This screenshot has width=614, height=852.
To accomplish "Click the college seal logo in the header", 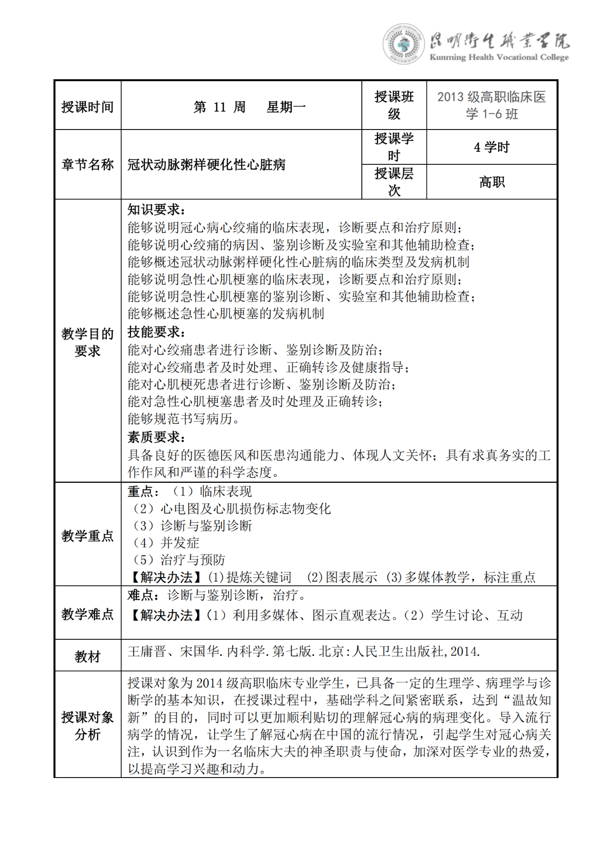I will pyautogui.click(x=403, y=44).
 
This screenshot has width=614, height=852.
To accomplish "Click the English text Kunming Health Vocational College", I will pyautogui.click(x=499, y=58).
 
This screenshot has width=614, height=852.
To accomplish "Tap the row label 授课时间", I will pyautogui.click(x=87, y=107).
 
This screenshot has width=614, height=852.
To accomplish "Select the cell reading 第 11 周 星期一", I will pyautogui.click(x=249, y=107).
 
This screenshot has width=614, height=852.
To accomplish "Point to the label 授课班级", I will pyautogui.click(x=394, y=105).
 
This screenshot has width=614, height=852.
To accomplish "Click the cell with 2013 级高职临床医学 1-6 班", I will pyautogui.click(x=492, y=105).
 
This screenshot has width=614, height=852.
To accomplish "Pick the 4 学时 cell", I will pyautogui.click(x=492, y=147).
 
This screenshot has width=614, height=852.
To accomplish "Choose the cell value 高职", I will pyautogui.click(x=492, y=182).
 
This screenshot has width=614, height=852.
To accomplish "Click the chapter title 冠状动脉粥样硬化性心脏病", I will pyautogui.click(x=207, y=165).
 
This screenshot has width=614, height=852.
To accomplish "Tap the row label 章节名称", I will pyautogui.click(x=87, y=165).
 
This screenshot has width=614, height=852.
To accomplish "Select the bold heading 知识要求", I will pyautogui.click(x=156, y=210).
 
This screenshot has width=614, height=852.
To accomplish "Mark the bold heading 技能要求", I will pyautogui.click(x=156, y=332).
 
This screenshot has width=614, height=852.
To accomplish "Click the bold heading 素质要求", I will pyautogui.click(x=156, y=437).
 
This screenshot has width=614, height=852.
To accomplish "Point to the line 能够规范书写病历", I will pyautogui.click(x=183, y=419).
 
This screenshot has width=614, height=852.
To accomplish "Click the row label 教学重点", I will pyautogui.click(x=87, y=536).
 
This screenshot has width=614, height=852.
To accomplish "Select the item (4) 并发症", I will pyautogui.click(x=166, y=543).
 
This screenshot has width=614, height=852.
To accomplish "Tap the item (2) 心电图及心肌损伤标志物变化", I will pyautogui.click(x=231, y=508).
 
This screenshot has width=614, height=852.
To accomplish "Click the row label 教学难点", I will pyautogui.click(x=87, y=614).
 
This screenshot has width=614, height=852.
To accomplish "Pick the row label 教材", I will pyautogui.click(x=87, y=657).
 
